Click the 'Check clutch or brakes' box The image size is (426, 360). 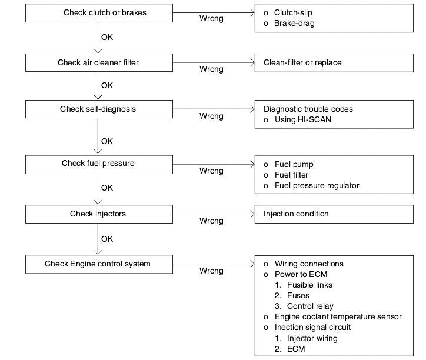click(99, 13)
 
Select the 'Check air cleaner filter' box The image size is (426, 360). click(99, 62)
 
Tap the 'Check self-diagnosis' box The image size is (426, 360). click(99, 109)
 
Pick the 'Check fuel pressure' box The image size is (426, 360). click(99, 164)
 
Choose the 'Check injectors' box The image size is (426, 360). click(99, 214)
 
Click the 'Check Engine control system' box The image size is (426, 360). click(99, 264)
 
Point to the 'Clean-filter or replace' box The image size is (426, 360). click(334, 63)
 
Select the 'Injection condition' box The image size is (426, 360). click(334, 214)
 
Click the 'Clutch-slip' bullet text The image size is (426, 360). click(293, 12)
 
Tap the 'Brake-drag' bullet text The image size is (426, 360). click(294, 24)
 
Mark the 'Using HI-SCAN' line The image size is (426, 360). click(302, 119)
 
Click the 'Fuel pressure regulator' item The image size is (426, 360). click(317, 185)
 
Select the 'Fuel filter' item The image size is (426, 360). click(291, 175)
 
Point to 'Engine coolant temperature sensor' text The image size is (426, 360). click(338, 317)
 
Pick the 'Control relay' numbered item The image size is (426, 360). click(310, 306)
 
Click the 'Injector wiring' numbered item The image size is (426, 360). click(312, 339)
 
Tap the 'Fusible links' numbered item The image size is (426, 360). click(309, 285)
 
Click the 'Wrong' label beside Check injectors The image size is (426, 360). click(211, 221)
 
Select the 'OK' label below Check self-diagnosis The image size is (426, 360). click(107, 141)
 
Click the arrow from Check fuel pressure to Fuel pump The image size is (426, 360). click(214, 164)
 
